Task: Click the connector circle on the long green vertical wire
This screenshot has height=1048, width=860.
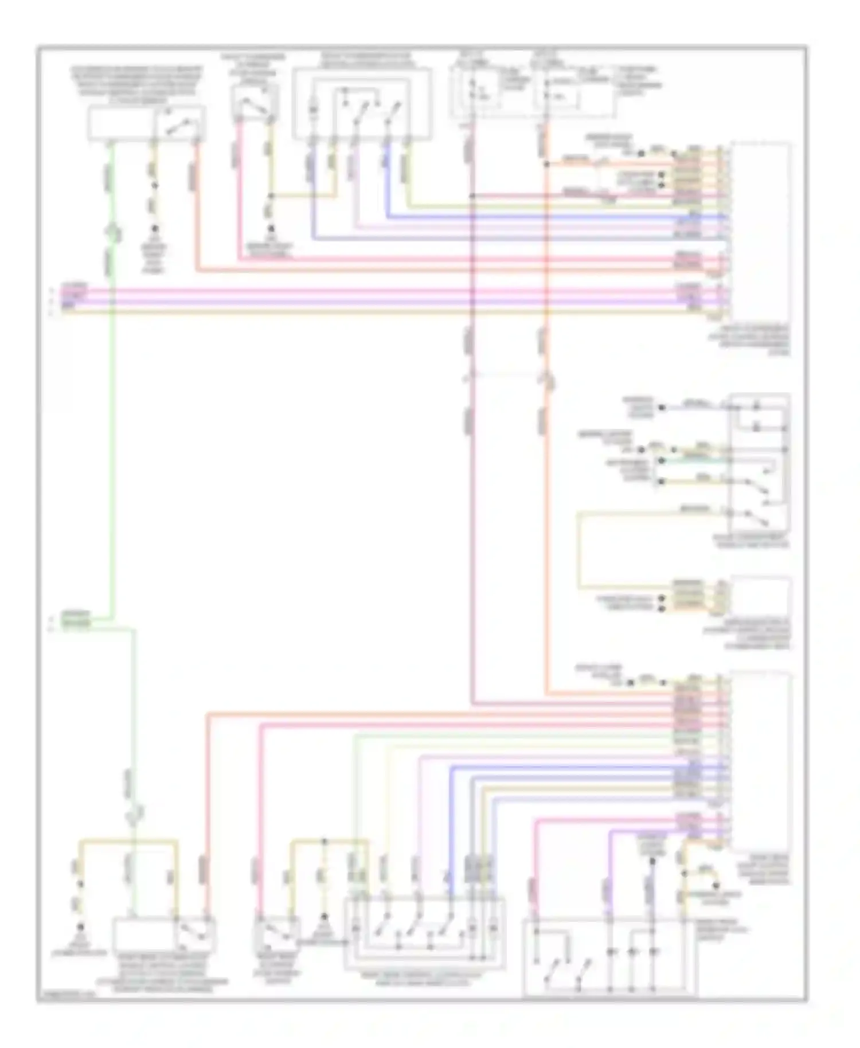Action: [x=113, y=232]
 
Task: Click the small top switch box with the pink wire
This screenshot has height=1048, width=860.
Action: [x=255, y=103]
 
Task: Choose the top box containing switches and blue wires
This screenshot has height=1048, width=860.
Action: [x=362, y=103]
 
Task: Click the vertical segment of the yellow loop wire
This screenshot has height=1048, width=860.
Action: [x=579, y=550]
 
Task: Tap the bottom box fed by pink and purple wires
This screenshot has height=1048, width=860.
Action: [x=609, y=956]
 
